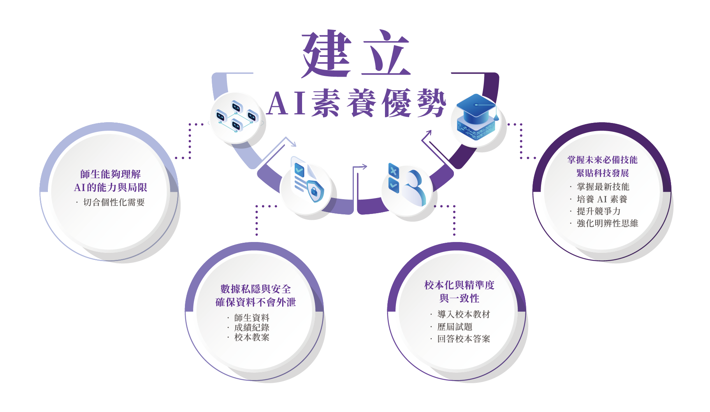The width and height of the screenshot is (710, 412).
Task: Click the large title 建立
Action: (x=356, y=53)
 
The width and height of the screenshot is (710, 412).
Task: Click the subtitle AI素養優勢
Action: (x=357, y=103)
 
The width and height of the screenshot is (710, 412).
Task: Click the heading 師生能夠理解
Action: (x=111, y=174)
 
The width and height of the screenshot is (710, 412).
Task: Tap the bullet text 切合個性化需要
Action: (x=114, y=202)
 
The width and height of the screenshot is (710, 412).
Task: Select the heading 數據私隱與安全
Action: (x=256, y=289)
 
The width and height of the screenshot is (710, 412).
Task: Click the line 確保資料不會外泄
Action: (x=256, y=302)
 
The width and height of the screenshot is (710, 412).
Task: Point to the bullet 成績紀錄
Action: (x=251, y=328)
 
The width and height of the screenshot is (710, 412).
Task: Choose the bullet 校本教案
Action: (x=251, y=337)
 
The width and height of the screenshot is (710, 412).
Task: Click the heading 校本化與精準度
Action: (x=459, y=285)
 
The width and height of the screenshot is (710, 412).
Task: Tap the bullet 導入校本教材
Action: (x=463, y=314)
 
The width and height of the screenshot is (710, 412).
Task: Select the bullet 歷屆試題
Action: (x=455, y=327)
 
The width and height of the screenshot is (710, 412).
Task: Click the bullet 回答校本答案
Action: (x=463, y=339)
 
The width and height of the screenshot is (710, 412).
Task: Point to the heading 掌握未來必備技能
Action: (x=602, y=160)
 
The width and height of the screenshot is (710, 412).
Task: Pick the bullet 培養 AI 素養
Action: (x=602, y=199)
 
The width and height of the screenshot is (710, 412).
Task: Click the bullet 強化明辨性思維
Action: (x=607, y=223)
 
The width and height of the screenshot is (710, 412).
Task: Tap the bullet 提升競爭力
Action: (x=598, y=211)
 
